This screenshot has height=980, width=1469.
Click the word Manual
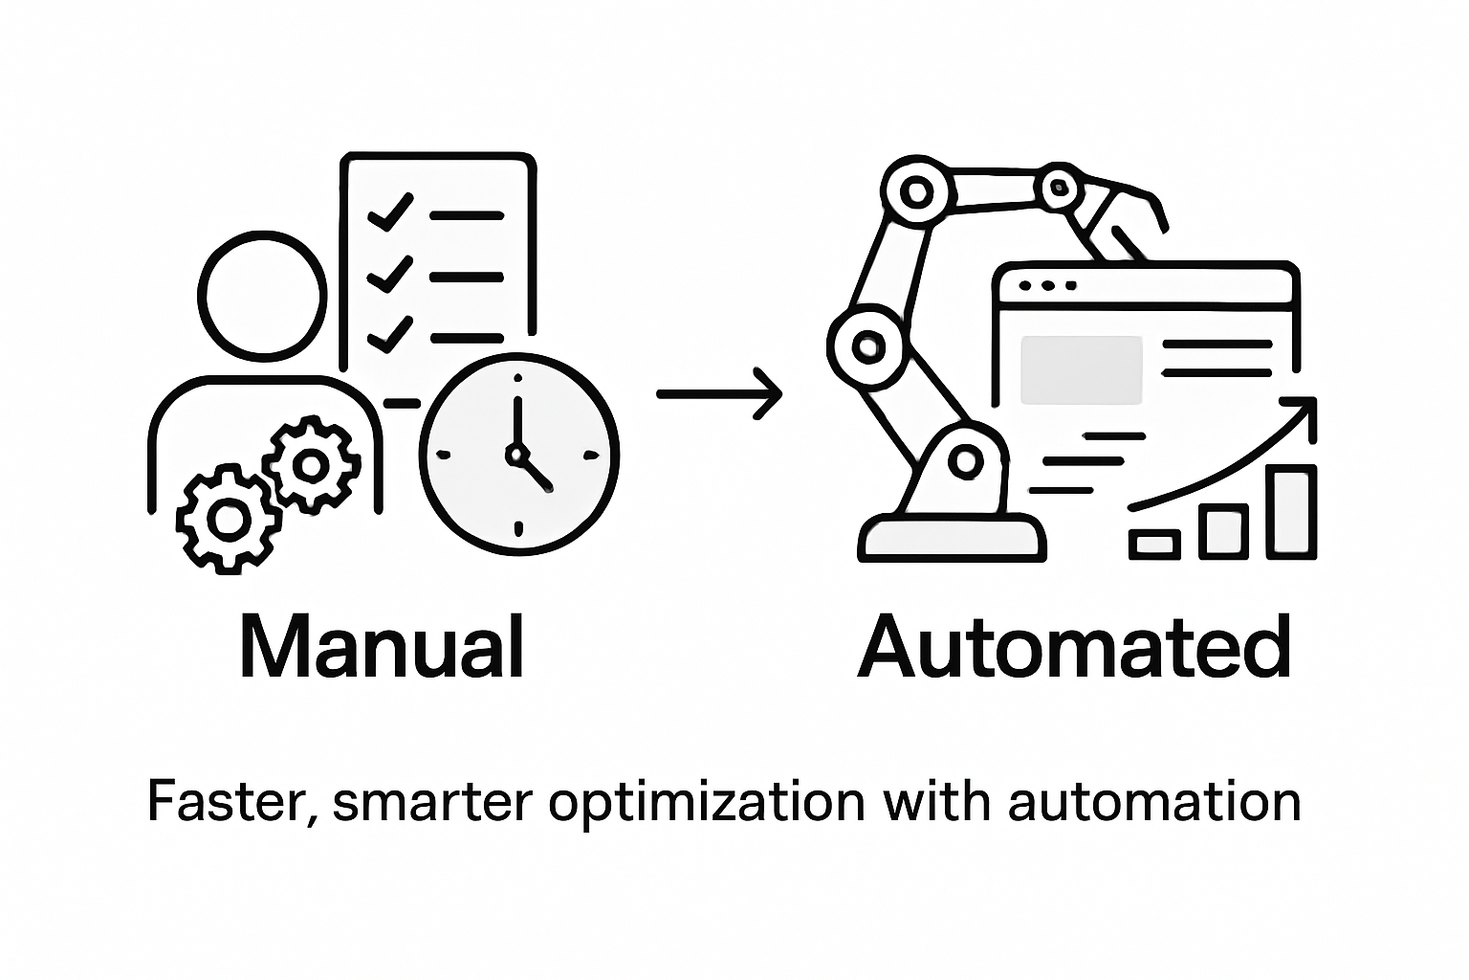tap(381, 648)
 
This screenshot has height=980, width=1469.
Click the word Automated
tap(1075, 648)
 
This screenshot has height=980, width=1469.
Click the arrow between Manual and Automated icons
tap(719, 392)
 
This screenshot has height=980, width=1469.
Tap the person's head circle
tap(263, 292)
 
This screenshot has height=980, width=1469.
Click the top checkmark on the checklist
tap(389, 212)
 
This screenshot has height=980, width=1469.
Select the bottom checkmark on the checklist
tap(389, 334)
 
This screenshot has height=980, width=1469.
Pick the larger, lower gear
tap(228, 520)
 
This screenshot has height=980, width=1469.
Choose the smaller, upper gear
tap(310, 464)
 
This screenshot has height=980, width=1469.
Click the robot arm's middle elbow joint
tap(867, 344)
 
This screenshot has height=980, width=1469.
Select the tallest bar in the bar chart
tap(1291, 511)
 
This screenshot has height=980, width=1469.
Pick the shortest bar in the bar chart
tap(1153, 544)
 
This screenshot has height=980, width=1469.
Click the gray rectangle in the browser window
tap(1082, 369)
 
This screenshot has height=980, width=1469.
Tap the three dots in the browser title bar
tap(1048, 285)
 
